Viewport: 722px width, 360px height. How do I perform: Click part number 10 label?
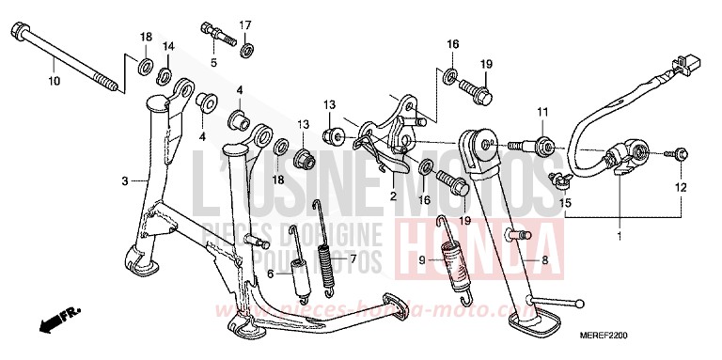click(x=54, y=83)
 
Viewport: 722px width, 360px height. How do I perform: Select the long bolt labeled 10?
click(x=66, y=61)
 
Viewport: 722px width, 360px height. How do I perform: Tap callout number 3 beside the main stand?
click(x=124, y=180)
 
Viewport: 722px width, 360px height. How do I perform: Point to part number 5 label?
click(x=213, y=62)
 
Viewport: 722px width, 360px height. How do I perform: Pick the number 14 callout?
click(x=167, y=47)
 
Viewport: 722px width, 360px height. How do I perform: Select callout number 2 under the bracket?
click(x=393, y=197)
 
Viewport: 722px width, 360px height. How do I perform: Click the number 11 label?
click(x=542, y=114)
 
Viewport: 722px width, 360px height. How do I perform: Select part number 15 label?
click(x=566, y=202)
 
